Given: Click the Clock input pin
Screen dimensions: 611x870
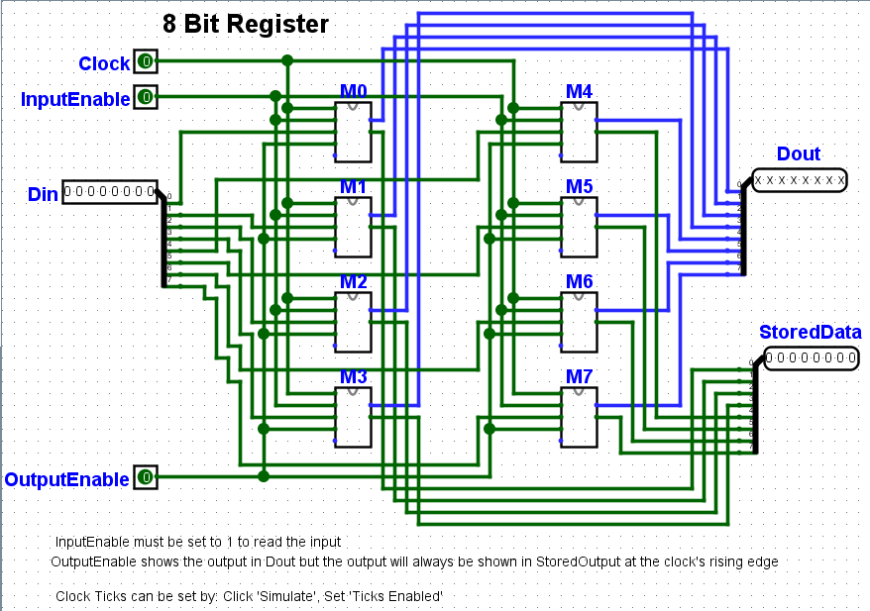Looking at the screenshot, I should [146, 62].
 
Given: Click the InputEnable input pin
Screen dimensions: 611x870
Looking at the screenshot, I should [146, 97].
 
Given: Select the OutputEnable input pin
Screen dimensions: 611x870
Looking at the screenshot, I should [146, 478].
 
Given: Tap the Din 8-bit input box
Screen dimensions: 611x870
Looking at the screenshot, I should [110, 191].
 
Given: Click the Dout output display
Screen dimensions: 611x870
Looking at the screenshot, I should [799, 180].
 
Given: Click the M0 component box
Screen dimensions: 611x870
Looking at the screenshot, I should [353, 132].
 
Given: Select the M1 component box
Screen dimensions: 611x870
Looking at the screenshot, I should [353, 227].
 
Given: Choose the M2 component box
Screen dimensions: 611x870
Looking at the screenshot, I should [353, 322].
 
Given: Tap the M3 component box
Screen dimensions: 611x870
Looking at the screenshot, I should [353, 417].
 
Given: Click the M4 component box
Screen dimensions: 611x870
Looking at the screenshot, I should [579, 132].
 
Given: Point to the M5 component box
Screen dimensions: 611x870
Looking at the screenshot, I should [579, 227].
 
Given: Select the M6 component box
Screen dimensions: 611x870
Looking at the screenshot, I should [579, 322].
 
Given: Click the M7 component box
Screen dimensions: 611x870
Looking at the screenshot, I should [579, 417].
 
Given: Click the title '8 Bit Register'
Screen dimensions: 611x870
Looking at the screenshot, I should [246, 24].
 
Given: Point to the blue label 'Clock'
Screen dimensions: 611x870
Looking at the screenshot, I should [104, 63].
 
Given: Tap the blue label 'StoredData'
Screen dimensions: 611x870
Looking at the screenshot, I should [810, 332].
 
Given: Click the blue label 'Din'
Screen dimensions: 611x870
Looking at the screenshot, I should [43, 194].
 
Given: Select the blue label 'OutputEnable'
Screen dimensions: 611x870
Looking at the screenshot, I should [66, 479].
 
